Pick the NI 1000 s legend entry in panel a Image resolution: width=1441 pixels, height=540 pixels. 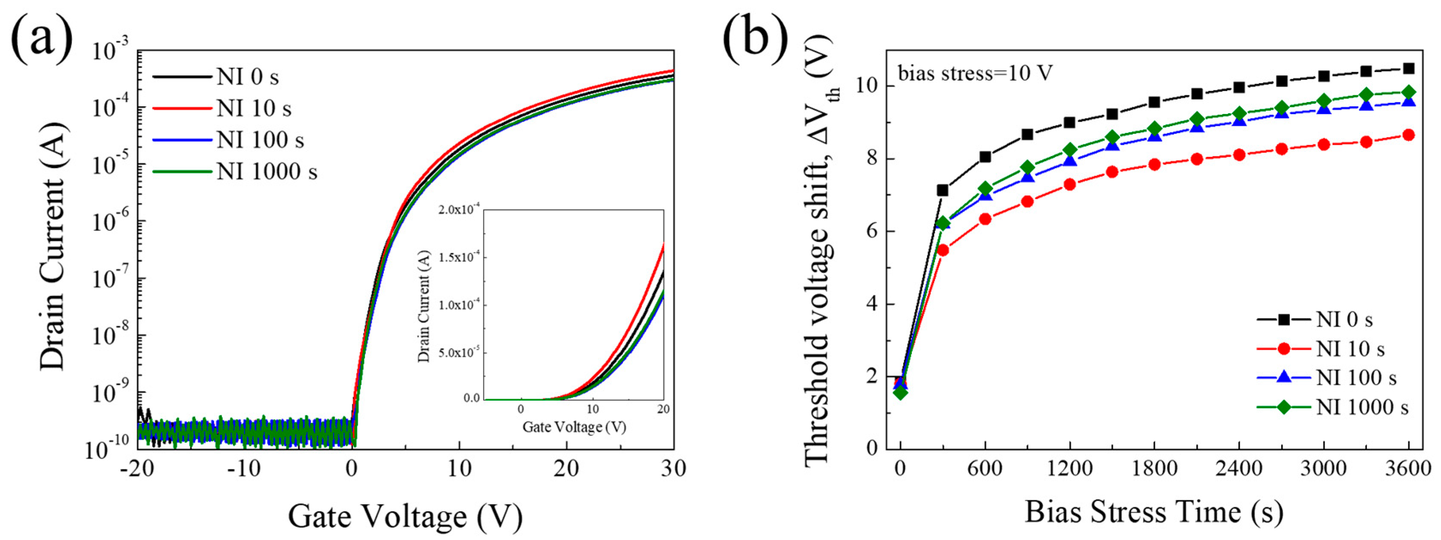click(266, 171)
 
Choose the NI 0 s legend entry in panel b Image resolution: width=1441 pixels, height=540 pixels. click(1344, 320)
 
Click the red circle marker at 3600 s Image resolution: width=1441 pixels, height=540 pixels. click(1408, 135)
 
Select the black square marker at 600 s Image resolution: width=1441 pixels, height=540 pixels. click(985, 157)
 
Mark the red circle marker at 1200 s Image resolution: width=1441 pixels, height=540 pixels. click(1070, 184)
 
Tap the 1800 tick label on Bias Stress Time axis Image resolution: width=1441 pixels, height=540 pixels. click(1154, 468)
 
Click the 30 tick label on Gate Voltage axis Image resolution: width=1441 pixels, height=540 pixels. click(673, 468)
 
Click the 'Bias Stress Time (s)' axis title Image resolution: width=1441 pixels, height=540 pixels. click(1154, 511)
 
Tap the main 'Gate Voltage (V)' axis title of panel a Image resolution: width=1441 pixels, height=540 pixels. click(405, 516)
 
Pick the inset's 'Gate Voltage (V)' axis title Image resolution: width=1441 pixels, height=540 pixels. click(574, 427)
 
